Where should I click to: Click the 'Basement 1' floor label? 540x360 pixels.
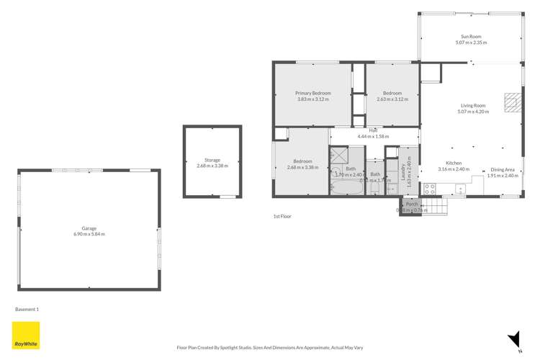click(27, 309)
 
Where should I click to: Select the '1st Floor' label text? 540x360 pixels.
click(282, 216)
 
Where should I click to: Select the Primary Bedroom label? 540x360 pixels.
click(312, 94)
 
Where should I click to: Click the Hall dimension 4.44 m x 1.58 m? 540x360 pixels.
click(373, 136)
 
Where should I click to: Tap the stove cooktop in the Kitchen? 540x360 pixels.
click(429, 189)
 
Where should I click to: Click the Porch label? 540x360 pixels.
click(411, 204)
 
